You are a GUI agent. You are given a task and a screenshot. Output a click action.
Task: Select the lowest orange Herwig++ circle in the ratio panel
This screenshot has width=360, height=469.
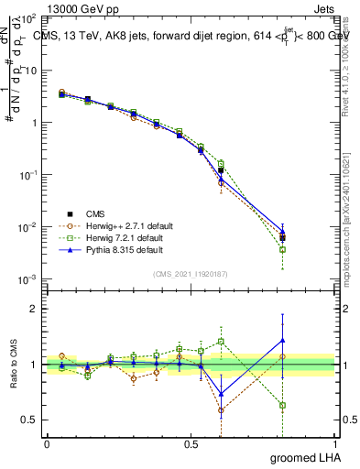tap(221, 409)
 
